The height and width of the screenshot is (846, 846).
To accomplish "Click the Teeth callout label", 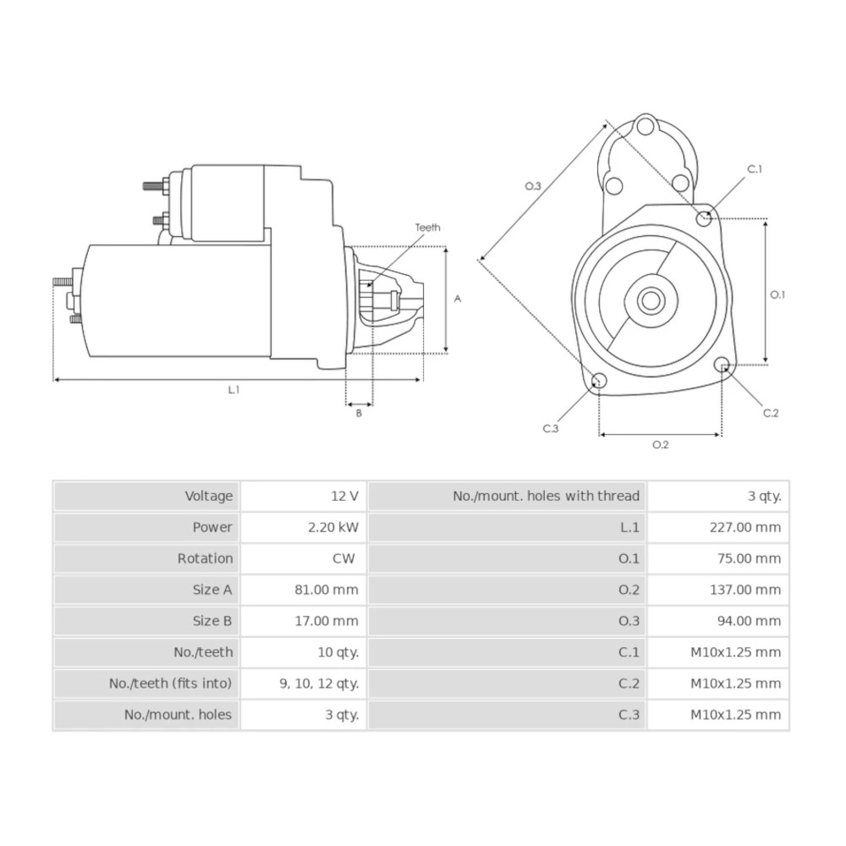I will (427, 228).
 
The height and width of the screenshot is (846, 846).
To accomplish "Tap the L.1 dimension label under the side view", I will (233, 390).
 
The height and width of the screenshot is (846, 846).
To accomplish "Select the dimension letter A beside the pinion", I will (458, 299).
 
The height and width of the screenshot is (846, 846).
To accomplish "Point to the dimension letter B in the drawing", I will (359, 413).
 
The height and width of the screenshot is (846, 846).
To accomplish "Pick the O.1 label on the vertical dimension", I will (777, 294).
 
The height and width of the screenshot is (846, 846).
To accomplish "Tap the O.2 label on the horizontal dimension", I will (660, 445).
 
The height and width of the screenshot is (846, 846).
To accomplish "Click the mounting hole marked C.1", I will (703, 218).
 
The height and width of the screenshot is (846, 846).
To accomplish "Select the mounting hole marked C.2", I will (722, 365).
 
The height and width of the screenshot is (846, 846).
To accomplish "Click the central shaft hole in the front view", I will (651, 299).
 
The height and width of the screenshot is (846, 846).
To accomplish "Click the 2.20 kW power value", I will (333, 527).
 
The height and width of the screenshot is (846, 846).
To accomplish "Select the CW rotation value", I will (343, 558).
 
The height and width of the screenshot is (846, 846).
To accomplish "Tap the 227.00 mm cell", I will (744, 527).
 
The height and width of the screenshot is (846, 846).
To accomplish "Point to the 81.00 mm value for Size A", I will (332, 590).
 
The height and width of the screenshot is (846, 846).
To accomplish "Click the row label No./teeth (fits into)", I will (170, 684).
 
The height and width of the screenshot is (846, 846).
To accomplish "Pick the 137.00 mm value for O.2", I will (744, 590).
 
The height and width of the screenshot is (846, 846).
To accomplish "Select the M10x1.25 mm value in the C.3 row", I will (735, 715).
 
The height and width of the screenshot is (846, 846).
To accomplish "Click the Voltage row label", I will (208, 496).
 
